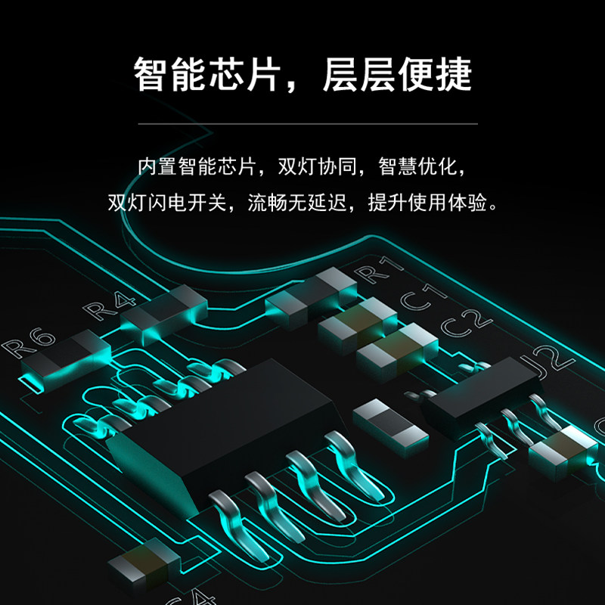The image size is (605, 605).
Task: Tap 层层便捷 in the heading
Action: click(397, 74)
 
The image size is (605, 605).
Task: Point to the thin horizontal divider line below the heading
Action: click(302, 123)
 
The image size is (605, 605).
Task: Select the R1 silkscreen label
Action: click(377, 269)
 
